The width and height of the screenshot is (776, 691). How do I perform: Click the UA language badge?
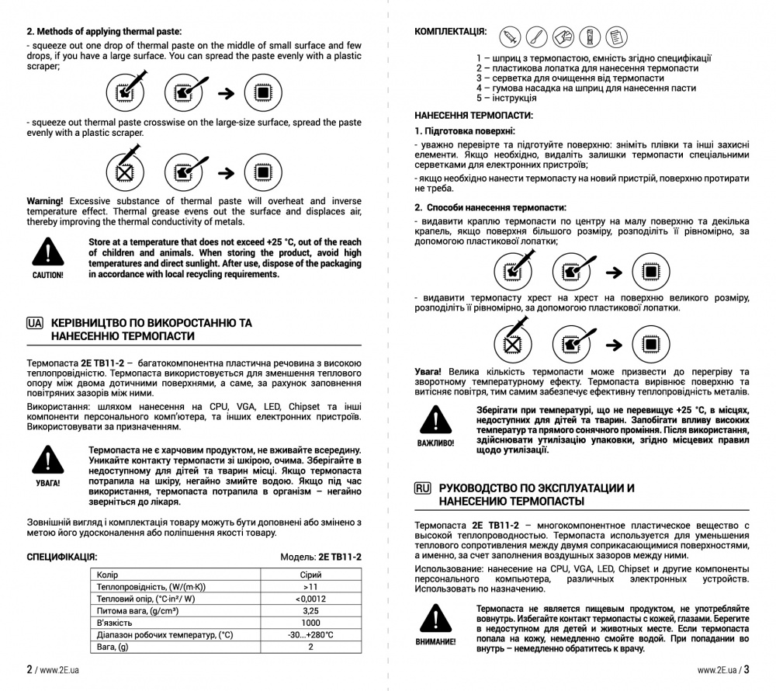(x=35, y=322)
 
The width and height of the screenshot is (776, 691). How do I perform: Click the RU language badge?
(x=423, y=488)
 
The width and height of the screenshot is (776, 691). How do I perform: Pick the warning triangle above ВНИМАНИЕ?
(x=435, y=618)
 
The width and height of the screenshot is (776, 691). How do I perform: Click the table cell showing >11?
(x=310, y=587)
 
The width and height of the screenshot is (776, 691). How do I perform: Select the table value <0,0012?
(x=310, y=599)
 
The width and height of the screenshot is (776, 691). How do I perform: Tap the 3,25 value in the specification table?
(x=310, y=611)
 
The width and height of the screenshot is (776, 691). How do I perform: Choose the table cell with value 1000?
(x=310, y=623)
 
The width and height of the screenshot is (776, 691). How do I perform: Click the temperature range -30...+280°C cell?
(x=310, y=635)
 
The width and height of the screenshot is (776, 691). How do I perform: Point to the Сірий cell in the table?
(x=310, y=575)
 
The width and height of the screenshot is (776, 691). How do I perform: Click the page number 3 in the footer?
(x=746, y=669)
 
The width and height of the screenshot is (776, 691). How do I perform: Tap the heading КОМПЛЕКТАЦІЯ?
(x=451, y=32)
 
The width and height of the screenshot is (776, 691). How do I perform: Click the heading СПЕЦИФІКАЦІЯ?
(x=62, y=557)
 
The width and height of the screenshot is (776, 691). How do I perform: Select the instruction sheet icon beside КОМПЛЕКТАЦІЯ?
(x=615, y=36)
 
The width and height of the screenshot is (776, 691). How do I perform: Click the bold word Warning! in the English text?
(x=45, y=201)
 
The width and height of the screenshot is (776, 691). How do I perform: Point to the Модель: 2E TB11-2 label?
(x=320, y=557)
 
